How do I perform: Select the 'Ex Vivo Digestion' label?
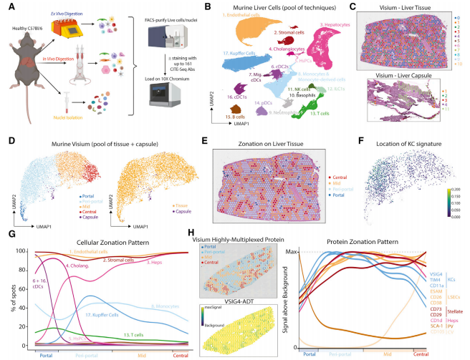[x=96, y=9]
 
